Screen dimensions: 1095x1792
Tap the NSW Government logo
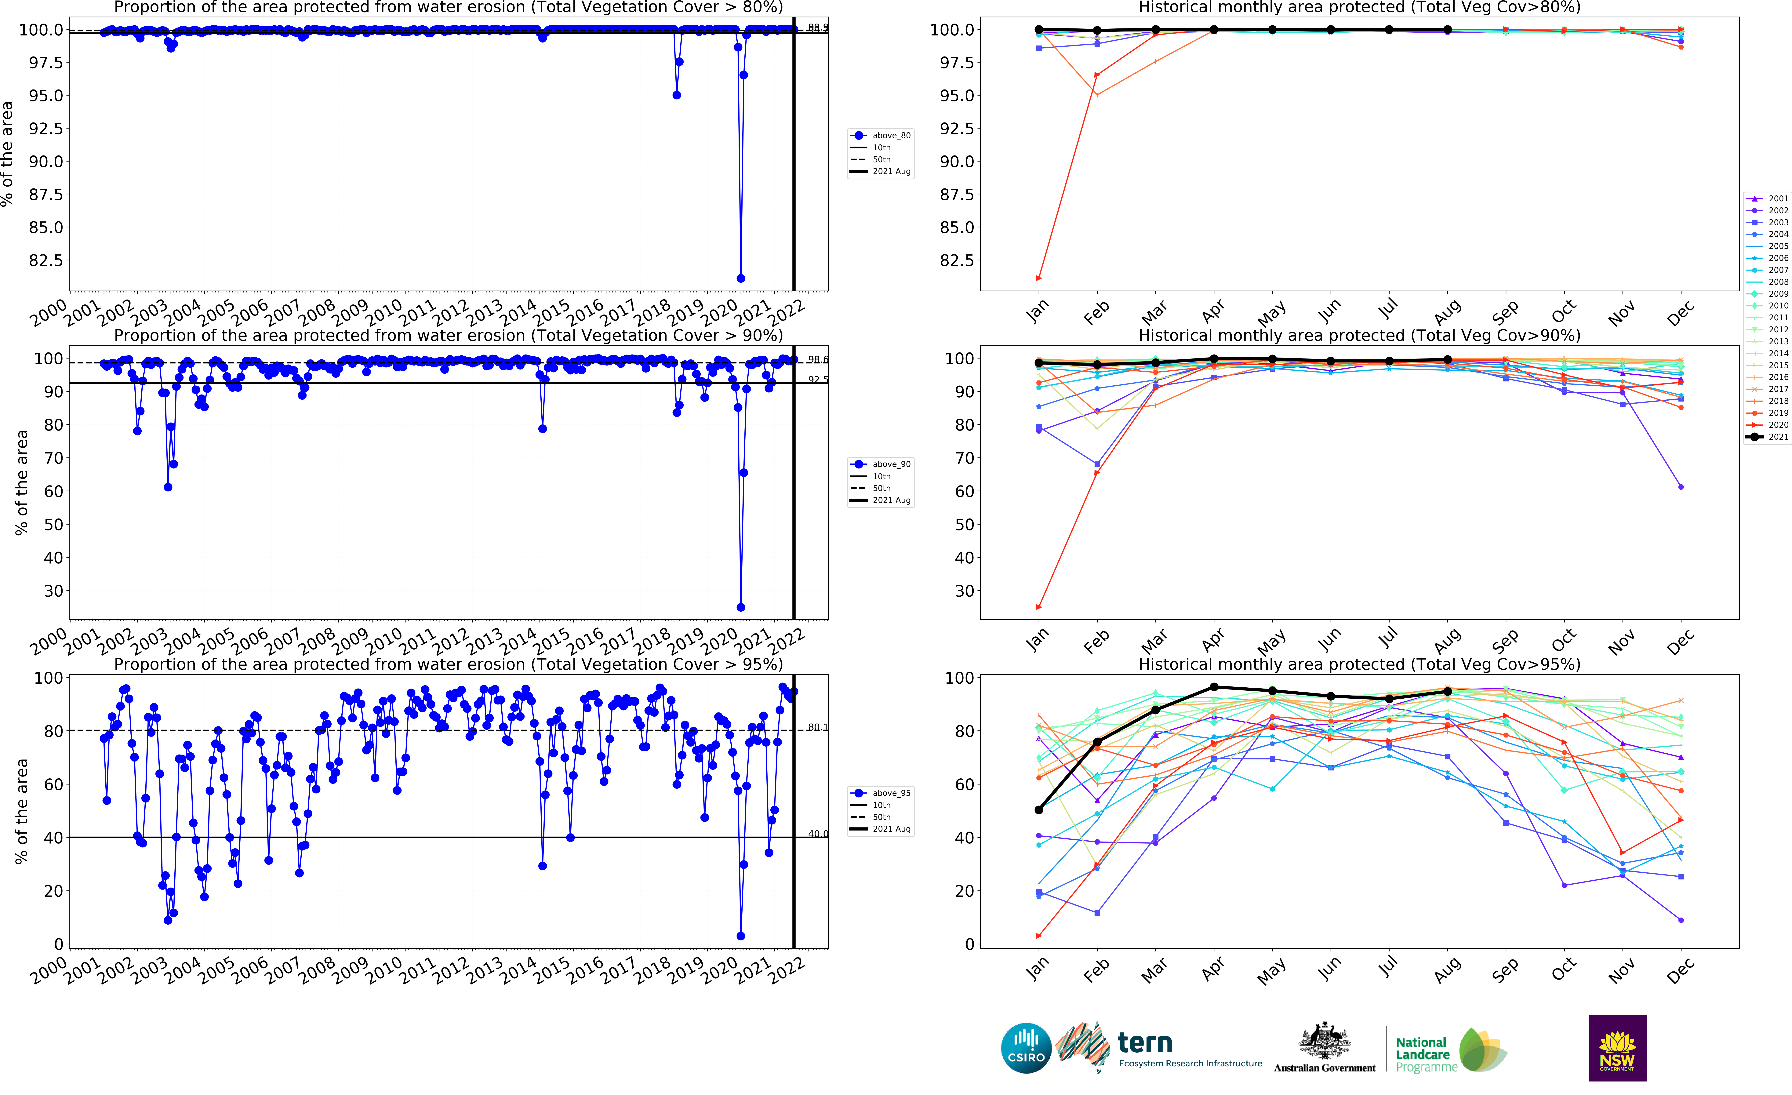coord(1617,1048)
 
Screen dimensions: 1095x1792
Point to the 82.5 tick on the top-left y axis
coord(45,260)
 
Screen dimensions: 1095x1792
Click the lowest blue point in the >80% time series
coord(740,278)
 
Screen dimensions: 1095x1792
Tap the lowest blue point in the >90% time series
coord(740,607)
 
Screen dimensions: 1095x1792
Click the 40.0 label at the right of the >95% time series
coord(817,834)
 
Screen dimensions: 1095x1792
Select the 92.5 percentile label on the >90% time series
coord(817,380)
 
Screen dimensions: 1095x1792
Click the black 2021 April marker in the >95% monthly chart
coord(1214,687)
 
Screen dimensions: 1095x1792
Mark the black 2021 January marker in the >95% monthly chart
coord(1038,810)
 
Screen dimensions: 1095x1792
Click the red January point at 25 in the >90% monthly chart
coord(1038,607)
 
